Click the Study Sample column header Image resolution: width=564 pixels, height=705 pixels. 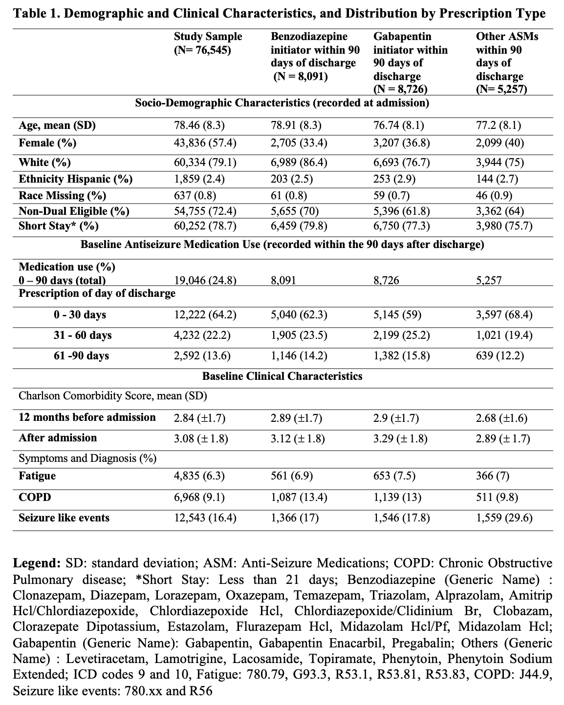coord(208,43)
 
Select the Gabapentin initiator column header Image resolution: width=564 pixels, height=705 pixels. coord(410,62)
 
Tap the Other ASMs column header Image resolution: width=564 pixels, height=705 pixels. coord(507,62)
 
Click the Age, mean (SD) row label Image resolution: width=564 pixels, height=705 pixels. coord(57,125)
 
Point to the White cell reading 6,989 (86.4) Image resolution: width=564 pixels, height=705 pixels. coord(299,162)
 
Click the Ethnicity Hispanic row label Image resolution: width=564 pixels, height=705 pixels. coord(76,179)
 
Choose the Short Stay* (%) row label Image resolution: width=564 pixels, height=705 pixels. coord(59,226)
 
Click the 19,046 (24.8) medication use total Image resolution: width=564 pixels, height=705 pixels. coord(205,280)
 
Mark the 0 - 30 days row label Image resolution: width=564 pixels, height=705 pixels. coord(80,314)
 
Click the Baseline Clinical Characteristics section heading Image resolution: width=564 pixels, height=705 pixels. coord(282,376)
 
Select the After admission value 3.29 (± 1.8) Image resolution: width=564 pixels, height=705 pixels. coord(400,438)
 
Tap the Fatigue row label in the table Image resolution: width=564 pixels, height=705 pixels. coord(38,476)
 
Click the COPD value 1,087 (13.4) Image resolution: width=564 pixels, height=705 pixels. coord(299,498)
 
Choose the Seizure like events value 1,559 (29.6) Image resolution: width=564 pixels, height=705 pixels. coord(504,518)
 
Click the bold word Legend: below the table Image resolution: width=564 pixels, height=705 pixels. coord(36,563)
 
